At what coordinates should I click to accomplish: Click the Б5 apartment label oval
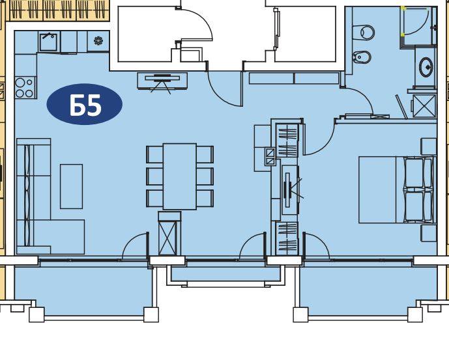coord(85,104)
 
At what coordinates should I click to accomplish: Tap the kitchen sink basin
coord(49,42)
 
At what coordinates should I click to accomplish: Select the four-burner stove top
coord(25,88)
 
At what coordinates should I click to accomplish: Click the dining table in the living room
coord(180,176)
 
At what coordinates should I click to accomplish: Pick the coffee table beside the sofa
coord(71,186)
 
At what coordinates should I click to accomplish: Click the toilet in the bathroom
coord(364,33)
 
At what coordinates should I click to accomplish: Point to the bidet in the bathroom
coord(362,57)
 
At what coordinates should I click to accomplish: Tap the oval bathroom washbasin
coord(426,67)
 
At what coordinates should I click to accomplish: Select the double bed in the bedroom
coord(396,189)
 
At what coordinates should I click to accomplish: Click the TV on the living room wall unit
coord(162,78)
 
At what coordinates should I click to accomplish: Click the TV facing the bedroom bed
coord(287,186)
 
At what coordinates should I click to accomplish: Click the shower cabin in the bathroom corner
coord(419,26)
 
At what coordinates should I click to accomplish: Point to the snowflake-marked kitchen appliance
coord(98,41)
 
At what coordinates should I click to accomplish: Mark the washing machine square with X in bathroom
coord(424,106)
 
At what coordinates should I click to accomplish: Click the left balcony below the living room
coord(83,290)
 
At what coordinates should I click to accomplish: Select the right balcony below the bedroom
coord(368,290)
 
